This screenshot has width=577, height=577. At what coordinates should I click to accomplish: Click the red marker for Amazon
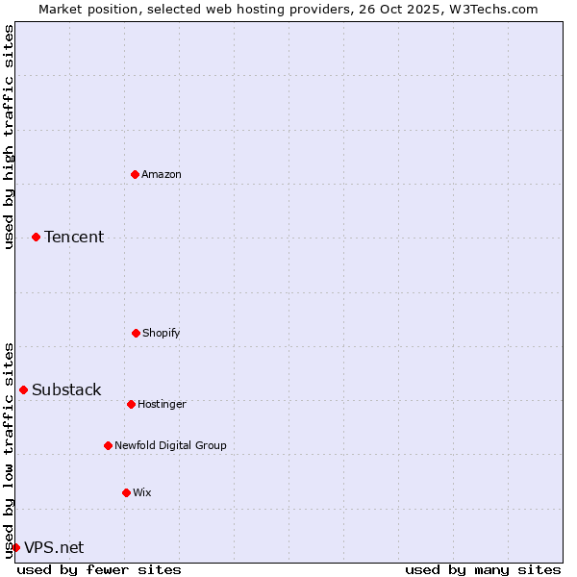(135, 174)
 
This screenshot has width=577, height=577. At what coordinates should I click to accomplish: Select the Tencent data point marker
(36, 237)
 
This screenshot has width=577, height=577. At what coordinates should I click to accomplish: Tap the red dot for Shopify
(136, 333)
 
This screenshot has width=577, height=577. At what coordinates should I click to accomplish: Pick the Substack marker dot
(23, 389)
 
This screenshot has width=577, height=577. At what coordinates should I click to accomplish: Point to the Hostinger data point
(131, 404)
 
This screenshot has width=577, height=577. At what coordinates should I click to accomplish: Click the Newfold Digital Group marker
(108, 445)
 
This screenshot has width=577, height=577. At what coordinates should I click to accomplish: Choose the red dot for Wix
(126, 492)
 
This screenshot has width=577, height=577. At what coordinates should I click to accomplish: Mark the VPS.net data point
(15, 547)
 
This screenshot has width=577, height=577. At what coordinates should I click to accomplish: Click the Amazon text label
(162, 174)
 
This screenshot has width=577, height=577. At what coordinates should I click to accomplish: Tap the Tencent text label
(74, 237)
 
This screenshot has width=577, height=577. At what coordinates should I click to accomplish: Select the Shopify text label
(162, 333)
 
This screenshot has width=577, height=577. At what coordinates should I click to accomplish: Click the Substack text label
(66, 389)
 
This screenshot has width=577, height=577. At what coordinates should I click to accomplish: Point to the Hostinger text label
(162, 404)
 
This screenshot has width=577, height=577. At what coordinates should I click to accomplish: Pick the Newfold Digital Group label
(170, 445)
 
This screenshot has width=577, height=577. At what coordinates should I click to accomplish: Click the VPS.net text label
(54, 547)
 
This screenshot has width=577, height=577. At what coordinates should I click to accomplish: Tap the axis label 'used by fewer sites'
(99, 569)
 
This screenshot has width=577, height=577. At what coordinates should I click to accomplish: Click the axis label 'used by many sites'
(483, 569)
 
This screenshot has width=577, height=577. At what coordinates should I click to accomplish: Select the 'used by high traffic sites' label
(10, 137)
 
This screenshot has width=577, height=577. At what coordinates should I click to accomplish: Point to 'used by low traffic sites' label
(10, 450)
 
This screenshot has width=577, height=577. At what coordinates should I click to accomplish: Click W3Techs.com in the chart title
(491, 9)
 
